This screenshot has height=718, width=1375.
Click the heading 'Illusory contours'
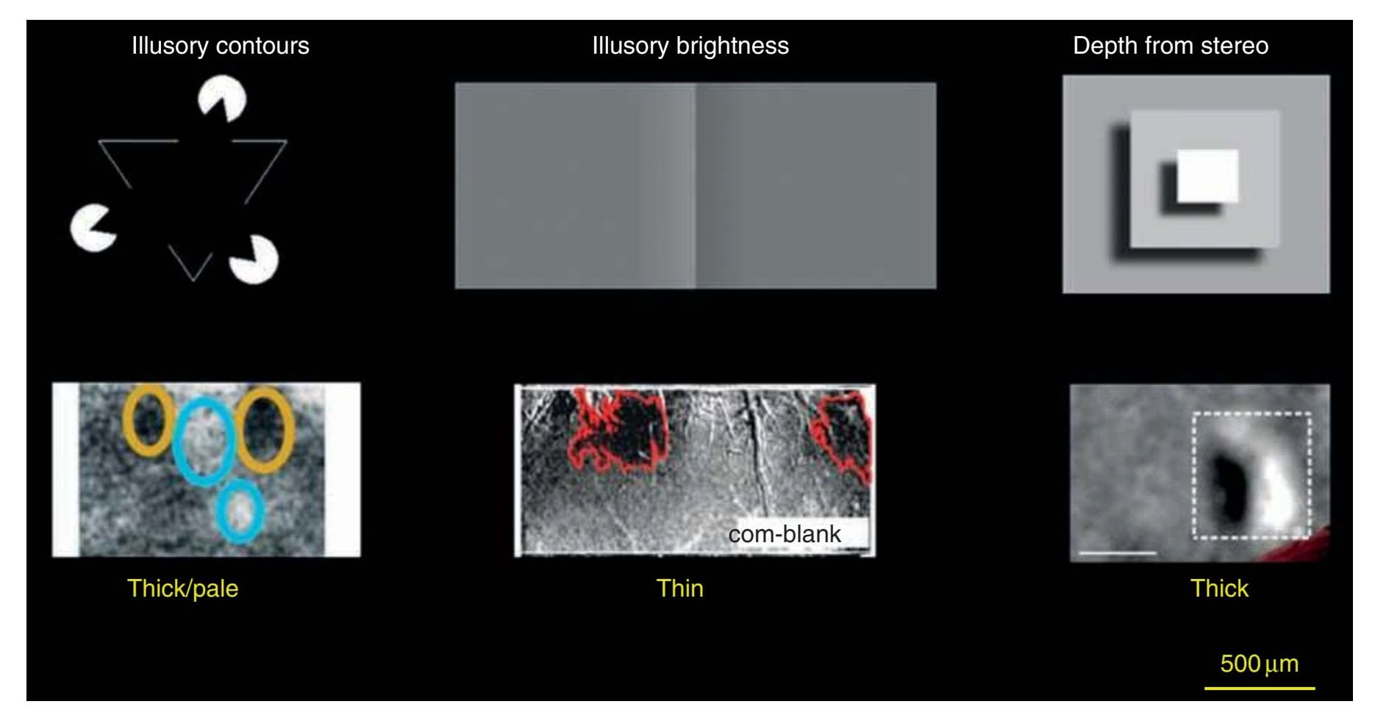click(220, 46)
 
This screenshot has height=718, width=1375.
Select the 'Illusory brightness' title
click(690, 46)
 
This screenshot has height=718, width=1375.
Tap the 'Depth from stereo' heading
click(1171, 46)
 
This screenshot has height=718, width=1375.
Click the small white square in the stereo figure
click(1207, 177)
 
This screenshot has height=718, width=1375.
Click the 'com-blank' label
click(785, 533)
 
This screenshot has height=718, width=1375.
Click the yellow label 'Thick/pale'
click(182, 589)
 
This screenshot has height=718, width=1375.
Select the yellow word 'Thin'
click(679, 589)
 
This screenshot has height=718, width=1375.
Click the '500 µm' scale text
click(1259, 664)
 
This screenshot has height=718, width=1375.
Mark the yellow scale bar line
click(1260, 689)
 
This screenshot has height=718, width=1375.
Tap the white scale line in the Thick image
click(1117, 552)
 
